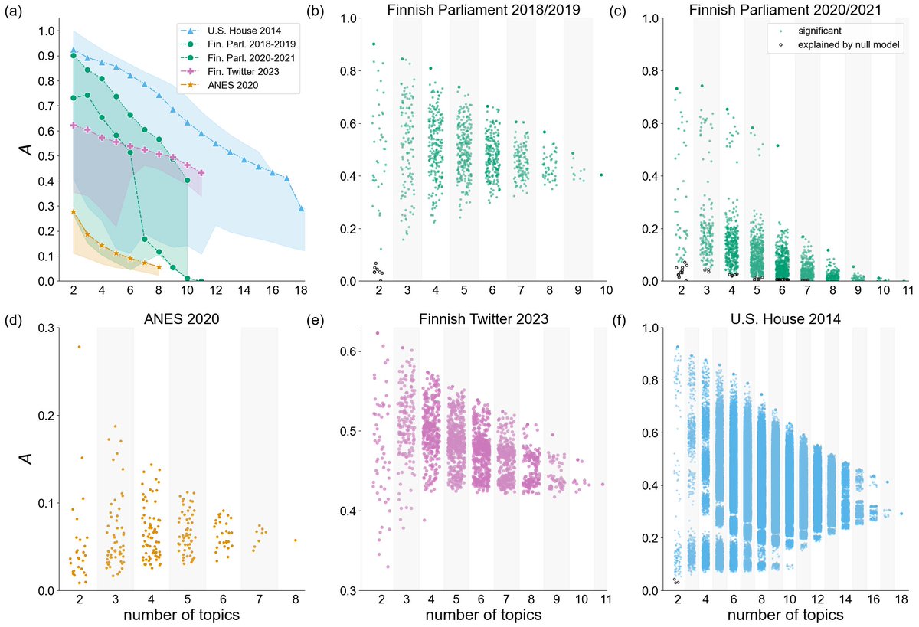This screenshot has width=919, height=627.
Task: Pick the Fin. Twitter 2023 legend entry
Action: (238, 71)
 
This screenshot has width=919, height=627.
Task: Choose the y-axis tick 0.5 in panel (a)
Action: (47, 156)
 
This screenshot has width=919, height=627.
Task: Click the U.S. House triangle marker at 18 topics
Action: (301, 208)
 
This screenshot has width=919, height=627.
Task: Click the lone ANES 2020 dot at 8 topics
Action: (295, 540)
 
